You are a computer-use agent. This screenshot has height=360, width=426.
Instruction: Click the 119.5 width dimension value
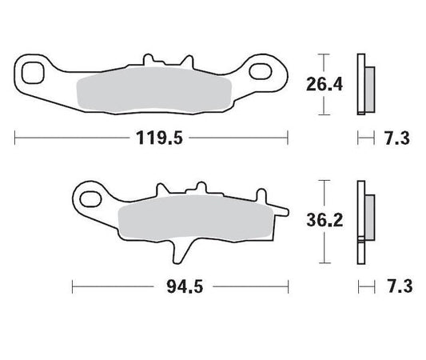click(153, 138)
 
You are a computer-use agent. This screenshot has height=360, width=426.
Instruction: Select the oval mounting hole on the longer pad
click(261, 74)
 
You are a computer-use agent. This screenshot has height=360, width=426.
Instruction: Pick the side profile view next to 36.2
click(365, 220)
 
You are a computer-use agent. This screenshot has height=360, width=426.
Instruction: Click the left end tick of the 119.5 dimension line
click(16, 138)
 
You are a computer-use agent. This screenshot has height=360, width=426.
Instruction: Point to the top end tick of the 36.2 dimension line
click(324, 181)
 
